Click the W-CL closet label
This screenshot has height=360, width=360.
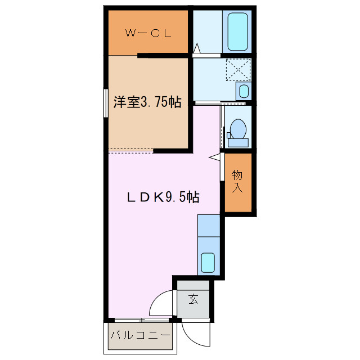click(x=148, y=33)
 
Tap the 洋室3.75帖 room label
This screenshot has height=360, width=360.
click(x=147, y=102)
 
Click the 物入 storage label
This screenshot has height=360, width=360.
click(x=237, y=182)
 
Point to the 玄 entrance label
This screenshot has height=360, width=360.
click(x=193, y=299)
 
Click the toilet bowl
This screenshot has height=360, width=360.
click(x=238, y=129)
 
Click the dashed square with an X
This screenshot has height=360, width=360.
click(x=237, y=70)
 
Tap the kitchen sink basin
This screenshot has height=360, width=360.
click(x=208, y=262)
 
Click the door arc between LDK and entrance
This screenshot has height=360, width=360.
click(x=161, y=304)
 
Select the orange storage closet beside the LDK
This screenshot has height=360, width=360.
click(x=237, y=182)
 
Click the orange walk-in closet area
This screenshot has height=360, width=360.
click(x=148, y=33)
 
